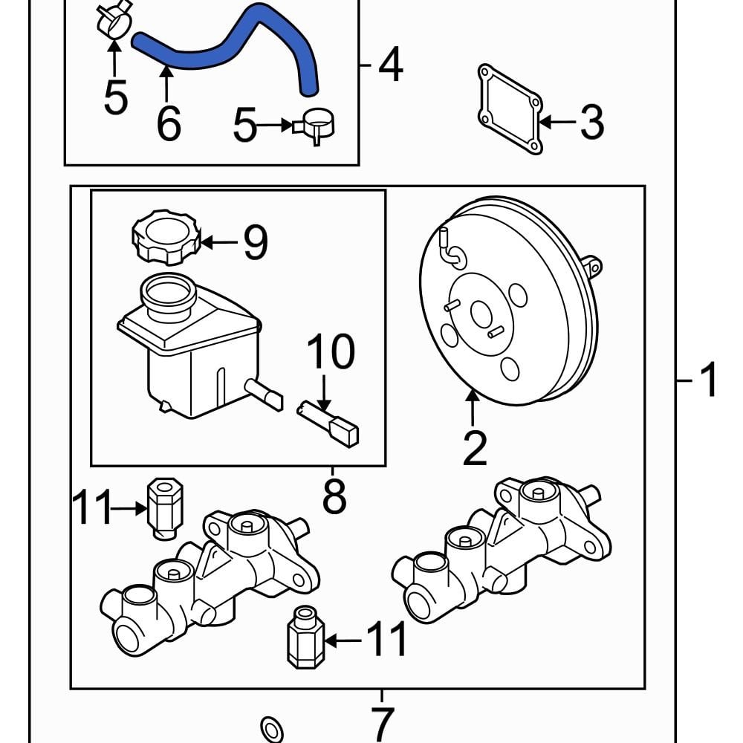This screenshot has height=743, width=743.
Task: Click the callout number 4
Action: [391, 65]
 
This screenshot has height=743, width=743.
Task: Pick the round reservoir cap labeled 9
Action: [166, 236]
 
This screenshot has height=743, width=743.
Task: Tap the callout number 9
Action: [254, 242]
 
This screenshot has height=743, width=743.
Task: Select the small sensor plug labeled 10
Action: [331, 424]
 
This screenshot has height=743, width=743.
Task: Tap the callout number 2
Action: [474, 447]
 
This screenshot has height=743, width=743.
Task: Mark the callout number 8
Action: [334, 496]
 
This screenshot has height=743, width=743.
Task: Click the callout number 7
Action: [382, 723]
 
